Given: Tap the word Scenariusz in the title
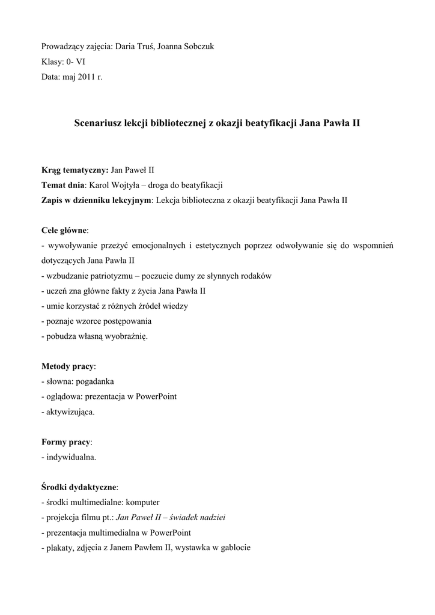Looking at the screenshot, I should [x=97, y=124].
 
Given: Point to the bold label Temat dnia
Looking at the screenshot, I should [x=63, y=185].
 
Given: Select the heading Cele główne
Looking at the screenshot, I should [x=64, y=231].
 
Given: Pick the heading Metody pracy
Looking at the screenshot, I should [x=68, y=366].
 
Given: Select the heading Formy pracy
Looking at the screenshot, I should [x=66, y=441].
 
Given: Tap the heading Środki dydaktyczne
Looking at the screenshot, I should [x=79, y=486].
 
